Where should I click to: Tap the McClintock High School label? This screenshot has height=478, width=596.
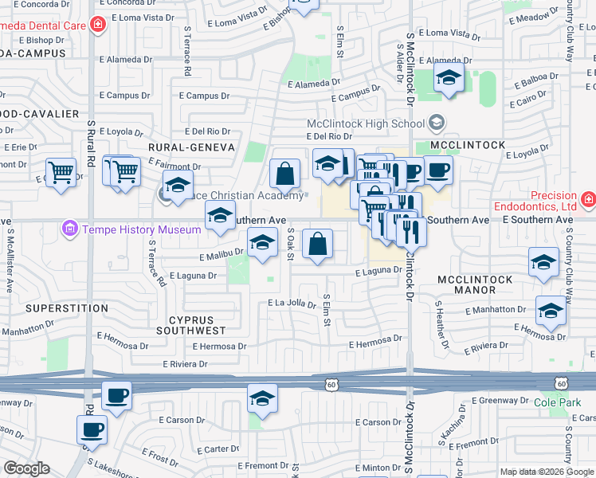(366, 123)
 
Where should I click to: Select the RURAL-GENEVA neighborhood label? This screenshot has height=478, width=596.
(191, 147)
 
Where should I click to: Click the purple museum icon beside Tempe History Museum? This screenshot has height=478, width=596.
(70, 230)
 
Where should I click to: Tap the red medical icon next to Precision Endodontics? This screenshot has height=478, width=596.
(588, 198)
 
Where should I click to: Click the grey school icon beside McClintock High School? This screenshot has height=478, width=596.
(436, 123)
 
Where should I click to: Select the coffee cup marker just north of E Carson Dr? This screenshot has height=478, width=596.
(92, 430)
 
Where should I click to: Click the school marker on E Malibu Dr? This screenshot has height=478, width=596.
(261, 244)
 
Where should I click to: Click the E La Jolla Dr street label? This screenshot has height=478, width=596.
(293, 304)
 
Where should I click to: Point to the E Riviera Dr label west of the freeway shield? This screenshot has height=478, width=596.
(184, 364)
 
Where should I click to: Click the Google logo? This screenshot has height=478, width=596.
(26, 469)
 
